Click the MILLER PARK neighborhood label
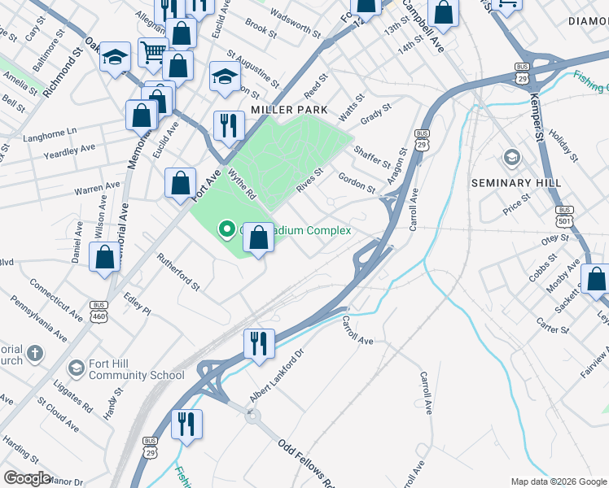coord(289,110)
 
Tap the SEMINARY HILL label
coord(516,183)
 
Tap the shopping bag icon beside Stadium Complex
coord(259,238)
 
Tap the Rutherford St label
coord(178,274)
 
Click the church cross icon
coord(34,353)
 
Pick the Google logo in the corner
coord(27,478)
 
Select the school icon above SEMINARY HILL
coord(511,157)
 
